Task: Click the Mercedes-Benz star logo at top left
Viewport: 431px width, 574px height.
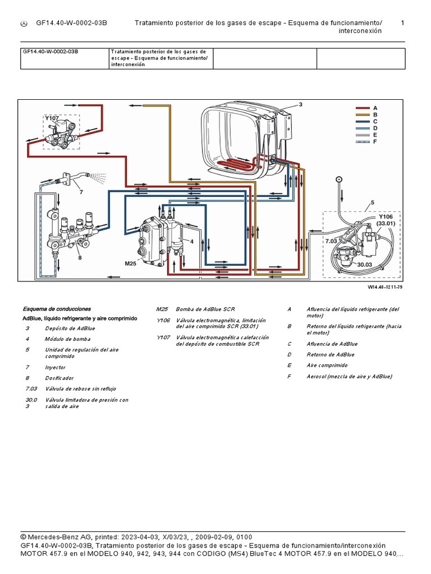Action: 24,23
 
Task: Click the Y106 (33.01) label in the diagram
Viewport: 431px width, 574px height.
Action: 387,220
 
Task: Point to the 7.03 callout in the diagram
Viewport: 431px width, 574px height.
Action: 331,240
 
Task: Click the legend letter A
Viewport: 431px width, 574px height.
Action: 375,107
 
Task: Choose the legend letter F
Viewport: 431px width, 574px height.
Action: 375,141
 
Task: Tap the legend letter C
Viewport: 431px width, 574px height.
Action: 375,121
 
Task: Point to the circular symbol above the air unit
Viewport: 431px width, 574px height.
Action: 338,179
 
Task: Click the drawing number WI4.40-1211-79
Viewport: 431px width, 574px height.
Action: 386,287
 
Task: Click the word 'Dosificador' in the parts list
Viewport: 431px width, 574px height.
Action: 59,378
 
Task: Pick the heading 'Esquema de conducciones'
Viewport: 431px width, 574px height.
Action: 57,309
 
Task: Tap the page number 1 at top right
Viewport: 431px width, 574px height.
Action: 402,23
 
